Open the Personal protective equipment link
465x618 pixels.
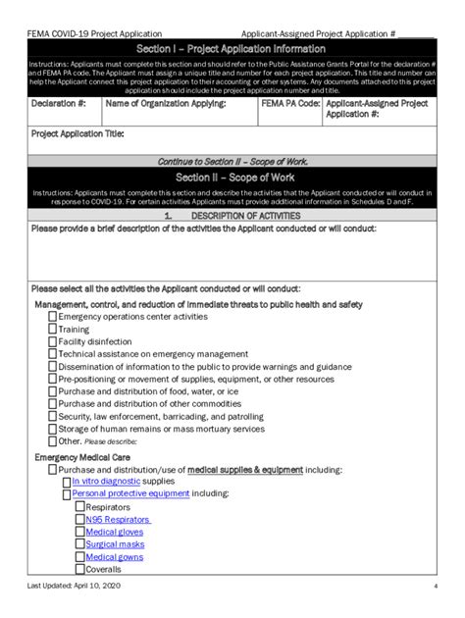pyautogui.click(x=130, y=493)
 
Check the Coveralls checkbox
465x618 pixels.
pyautogui.click(x=78, y=569)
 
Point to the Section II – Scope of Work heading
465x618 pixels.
pyautogui.click(x=232, y=178)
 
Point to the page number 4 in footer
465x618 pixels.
pyautogui.click(x=435, y=587)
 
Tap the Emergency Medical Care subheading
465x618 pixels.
pyautogui.click(x=81, y=457)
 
